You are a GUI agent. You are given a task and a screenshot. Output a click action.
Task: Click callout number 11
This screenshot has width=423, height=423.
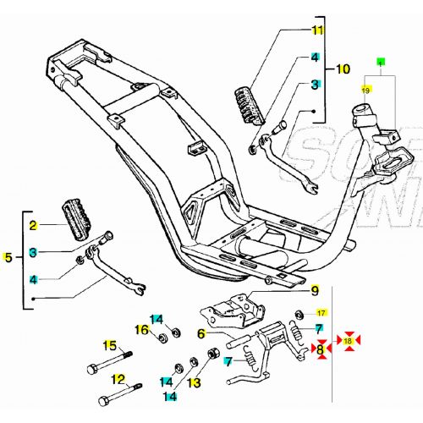pyautogui.click(x=317, y=31)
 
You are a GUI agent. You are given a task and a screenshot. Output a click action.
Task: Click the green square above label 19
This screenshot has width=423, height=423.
pyautogui.click(x=381, y=63)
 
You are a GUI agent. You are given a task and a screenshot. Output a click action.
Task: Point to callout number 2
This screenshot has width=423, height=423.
pyautogui.click(x=34, y=226)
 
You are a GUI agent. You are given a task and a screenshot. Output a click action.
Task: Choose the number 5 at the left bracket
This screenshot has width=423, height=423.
pyautogui.click(x=9, y=257)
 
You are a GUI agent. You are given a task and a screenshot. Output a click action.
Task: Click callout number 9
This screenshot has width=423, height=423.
pyautogui.click(x=315, y=292)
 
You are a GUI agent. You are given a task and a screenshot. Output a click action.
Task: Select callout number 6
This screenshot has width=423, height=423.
pyautogui.click(x=201, y=333)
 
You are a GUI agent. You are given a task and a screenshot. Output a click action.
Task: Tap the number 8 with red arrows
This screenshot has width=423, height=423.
pyautogui.click(x=320, y=349)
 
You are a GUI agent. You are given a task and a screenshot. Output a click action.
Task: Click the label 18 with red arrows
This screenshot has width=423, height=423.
pyautogui.click(x=348, y=341)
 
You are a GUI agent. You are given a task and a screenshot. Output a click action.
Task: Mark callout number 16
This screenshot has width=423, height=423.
pyautogui.click(x=142, y=329)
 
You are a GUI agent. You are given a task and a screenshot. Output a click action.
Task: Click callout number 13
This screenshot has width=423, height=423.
pyautogui.click(x=194, y=382)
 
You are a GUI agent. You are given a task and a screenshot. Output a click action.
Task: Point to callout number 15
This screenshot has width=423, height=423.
pyautogui.click(x=109, y=344)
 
